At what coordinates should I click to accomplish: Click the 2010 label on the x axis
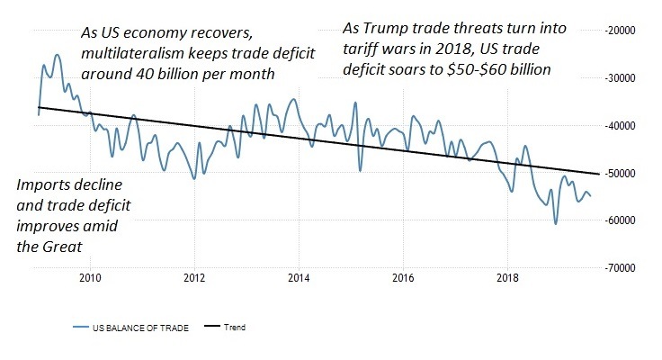click(90, 277)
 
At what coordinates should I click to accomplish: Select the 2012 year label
click(194, 277)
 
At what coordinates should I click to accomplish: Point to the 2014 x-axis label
click(299, 277)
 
